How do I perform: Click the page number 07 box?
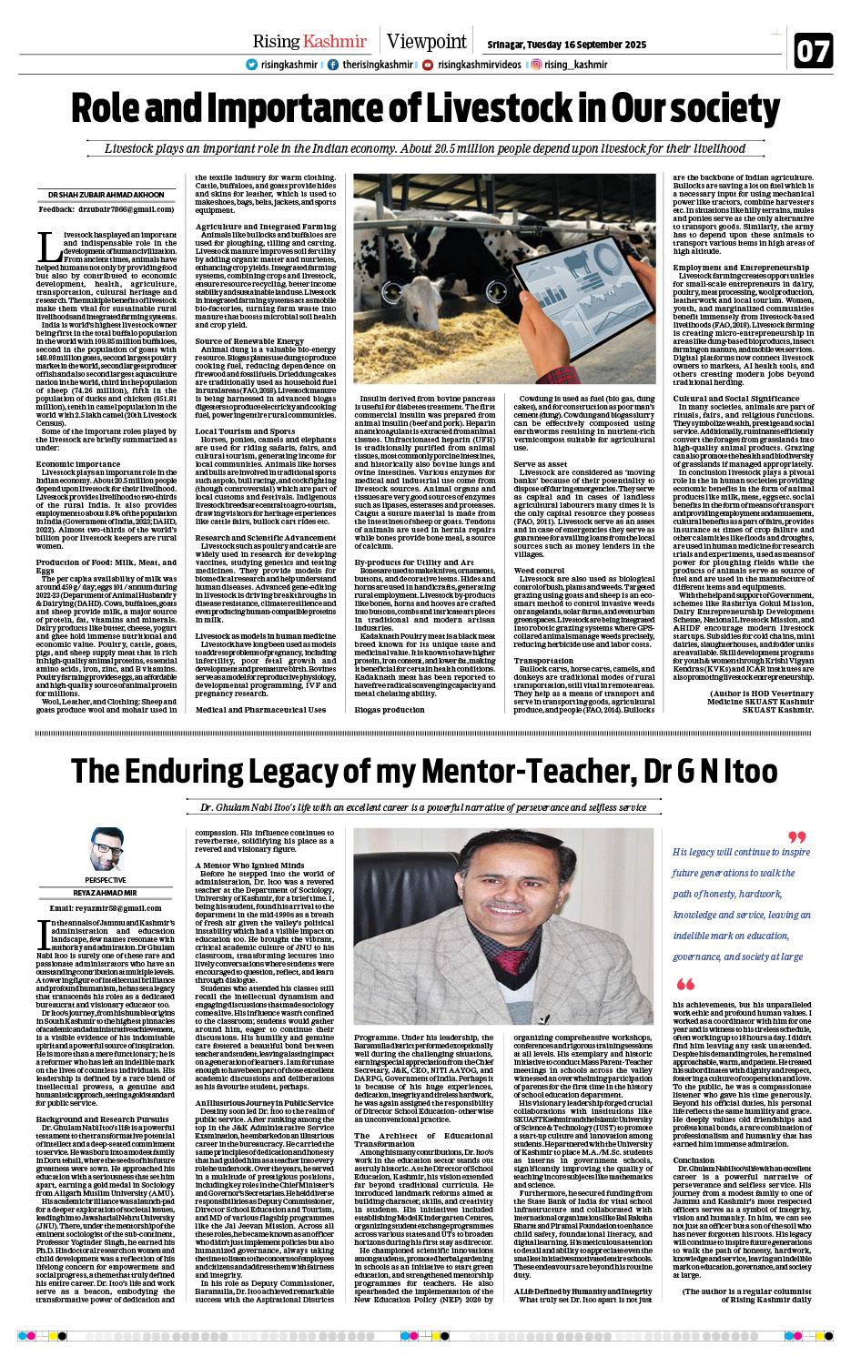813,51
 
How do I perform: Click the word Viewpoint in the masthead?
426,41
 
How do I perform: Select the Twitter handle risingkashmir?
289,65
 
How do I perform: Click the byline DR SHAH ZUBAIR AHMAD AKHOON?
106,195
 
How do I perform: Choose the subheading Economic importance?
78,463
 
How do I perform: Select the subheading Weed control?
539,571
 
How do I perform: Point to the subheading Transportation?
543,661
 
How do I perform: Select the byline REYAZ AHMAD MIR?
106,893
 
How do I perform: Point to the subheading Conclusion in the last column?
694,1160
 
